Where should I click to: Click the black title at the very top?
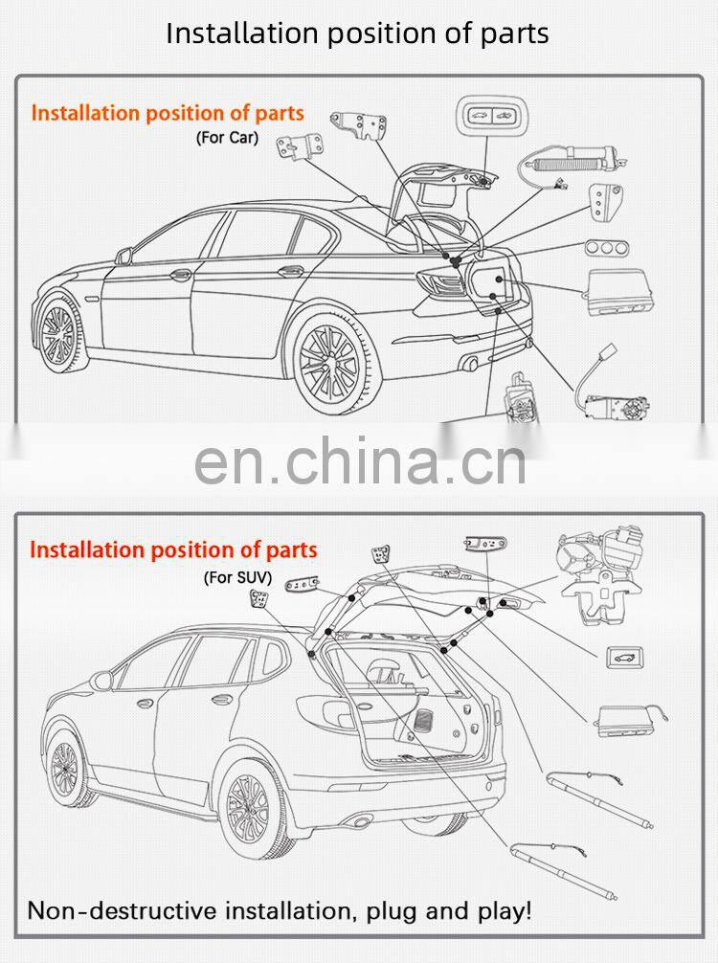(x=357, y=33)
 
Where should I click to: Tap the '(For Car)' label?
(x=227, y=137)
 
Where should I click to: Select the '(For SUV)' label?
(x=237, y=577)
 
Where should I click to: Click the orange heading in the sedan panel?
(x=168, y=113)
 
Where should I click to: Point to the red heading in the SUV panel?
(x=172, y=550)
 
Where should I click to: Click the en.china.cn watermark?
(x=360, y=461)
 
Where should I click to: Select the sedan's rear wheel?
(x=330, y=363)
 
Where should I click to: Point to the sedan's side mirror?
(x=123, y=256)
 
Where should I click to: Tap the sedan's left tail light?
(x=441, y=281)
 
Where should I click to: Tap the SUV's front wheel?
(x=65, y=766)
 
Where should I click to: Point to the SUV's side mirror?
(x=101, y=681)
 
